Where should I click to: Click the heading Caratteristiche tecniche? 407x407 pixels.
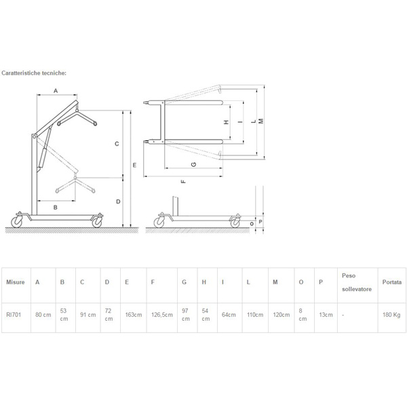coord(34,73)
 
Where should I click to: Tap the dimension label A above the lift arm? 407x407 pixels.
coord(56,91)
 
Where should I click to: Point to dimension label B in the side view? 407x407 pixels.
coord(56,208)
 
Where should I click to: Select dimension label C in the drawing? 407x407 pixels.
coord(117,144)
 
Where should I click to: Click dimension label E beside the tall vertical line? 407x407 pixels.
coord(134,165)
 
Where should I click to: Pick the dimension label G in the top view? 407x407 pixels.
coord(193,164)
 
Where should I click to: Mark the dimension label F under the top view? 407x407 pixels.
coord(183,181)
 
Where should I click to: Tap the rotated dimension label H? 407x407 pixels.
coord(227,122)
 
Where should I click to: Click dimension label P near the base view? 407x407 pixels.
coord(260,222)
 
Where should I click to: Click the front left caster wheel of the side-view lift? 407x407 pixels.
coord(17,222)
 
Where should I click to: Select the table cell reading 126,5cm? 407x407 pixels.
coord(162,315)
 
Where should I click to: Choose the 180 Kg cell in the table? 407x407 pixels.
coord(391,315)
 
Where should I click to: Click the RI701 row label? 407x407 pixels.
coord(14,315)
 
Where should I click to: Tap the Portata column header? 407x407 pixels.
coord(392,282)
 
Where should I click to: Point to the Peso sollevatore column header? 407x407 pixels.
coord(357,282)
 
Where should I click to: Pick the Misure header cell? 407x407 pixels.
coord(16,282)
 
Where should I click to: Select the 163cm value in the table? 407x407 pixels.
coord(134,315)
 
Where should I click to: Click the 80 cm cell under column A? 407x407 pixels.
coord(43,315)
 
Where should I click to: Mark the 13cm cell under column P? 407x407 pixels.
coord(326,315)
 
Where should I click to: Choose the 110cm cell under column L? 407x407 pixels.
coord(255,315)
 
